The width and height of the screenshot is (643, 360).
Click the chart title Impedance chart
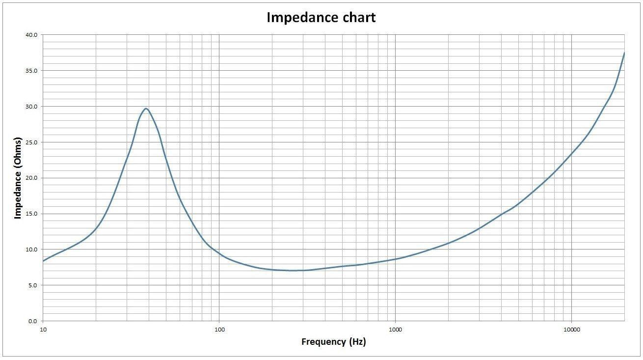(x=321, y=18)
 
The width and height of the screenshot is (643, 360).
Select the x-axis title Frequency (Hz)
(x=333, y=342)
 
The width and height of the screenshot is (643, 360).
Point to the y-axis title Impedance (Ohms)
(x=18, y=178)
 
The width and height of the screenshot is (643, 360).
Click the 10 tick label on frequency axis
(x=43, y=329)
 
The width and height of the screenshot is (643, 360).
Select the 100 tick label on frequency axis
(x=219, y=329)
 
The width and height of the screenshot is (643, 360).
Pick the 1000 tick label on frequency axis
(x=395, y=329)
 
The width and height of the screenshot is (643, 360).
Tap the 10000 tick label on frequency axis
(x=571, y=329)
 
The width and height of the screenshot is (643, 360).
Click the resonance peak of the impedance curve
(x=146, y=109)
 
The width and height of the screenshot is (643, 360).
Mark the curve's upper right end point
(x=624, y=53)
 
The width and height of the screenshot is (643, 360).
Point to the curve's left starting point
(x=43, y=261)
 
